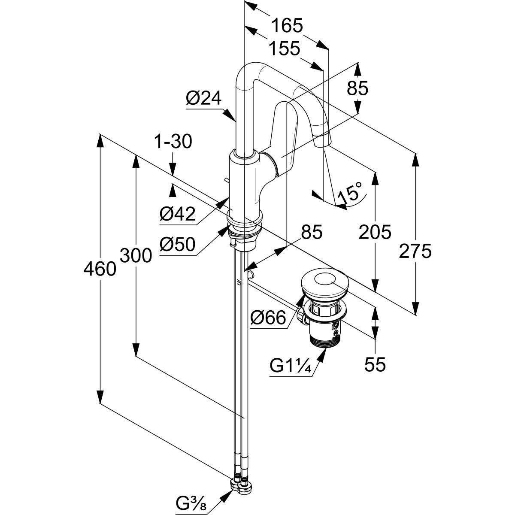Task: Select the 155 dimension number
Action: point(284,49)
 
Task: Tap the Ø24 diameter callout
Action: point(203,99)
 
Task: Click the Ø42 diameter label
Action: point(178,213)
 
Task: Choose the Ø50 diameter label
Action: point(177,245)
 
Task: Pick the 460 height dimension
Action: point(100,270)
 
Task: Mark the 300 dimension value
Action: point(136,256)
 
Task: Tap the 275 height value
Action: point(415,251)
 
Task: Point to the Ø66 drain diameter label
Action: point(268,318)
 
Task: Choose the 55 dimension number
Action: point(375,364)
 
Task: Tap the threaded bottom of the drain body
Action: point(324,342)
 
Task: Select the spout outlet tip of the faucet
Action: point(323,140)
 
